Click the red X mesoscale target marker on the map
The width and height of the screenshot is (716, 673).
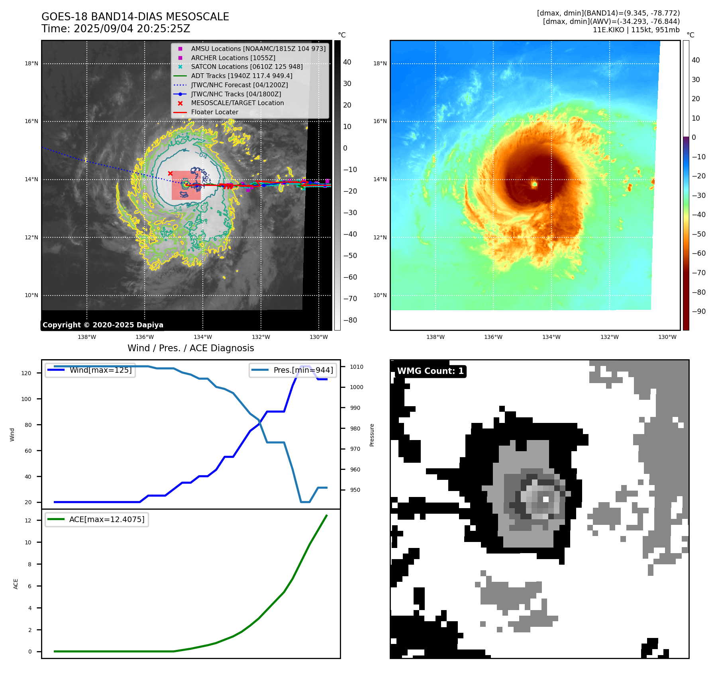(170, 173)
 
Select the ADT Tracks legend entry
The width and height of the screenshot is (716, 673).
(241, 76)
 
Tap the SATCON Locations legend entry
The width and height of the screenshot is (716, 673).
(247, 67)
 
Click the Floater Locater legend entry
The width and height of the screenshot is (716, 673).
(214, 112)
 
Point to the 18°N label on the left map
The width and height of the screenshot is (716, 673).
(31, 63)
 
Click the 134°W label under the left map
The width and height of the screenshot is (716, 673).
(203, 337)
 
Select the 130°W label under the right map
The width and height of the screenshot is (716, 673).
(667, 337)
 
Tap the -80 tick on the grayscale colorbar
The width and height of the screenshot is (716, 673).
(350, 320)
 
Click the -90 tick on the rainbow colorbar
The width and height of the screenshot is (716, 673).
(698, 311)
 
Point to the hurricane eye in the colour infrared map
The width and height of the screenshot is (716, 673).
(534, 184)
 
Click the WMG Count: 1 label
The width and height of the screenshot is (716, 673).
(430, 371)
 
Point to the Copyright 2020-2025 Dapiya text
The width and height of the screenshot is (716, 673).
(103, 325)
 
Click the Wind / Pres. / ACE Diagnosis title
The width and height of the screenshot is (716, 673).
(190, 348)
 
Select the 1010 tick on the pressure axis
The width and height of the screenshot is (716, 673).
(357, 367)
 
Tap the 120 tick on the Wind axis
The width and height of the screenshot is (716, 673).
(26, 373)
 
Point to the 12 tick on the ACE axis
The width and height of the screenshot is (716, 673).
(28, 520)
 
